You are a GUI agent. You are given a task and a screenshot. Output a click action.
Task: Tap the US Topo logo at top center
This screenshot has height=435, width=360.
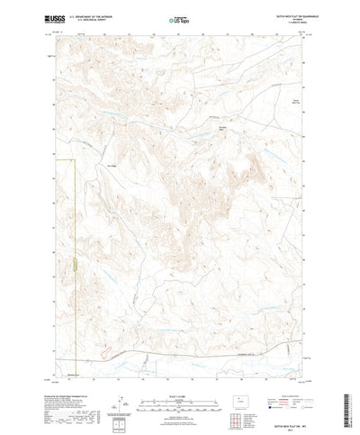pos(179,19)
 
